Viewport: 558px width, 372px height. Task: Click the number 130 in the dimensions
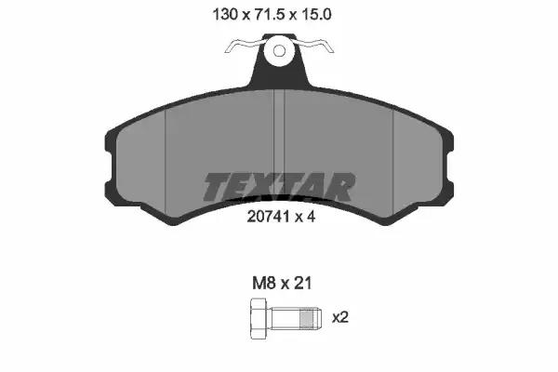tap(224, 15)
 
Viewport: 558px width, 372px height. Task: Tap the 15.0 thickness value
tap(316, 15)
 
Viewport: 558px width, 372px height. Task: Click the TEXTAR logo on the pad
tap(279, 186)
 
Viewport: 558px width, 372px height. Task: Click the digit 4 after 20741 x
tap(311, 217)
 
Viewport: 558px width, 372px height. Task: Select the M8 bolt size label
tap(264, 284)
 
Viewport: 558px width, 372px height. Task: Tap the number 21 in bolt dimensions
tap(303, 284)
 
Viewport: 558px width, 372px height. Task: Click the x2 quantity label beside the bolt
tap(340, 317)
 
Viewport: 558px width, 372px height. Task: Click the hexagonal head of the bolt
tap(259, 319)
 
